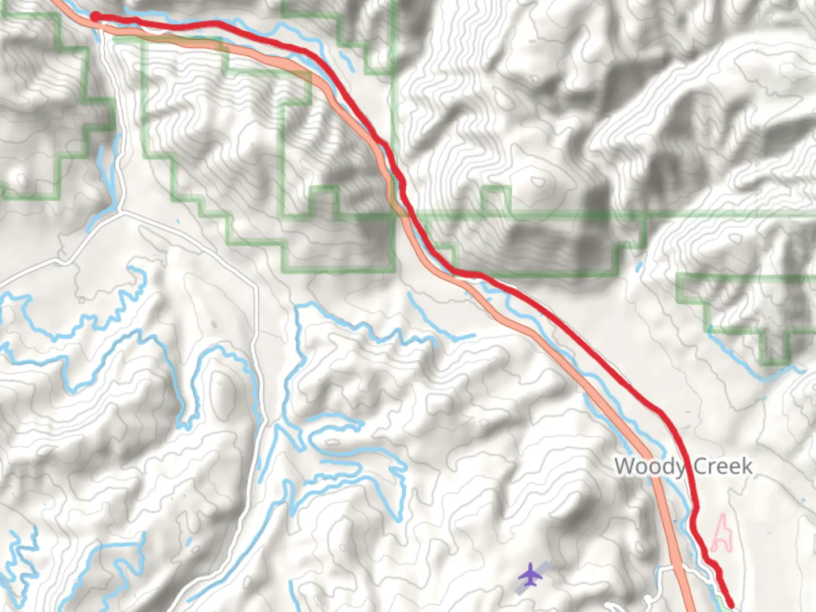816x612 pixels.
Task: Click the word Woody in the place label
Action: click(649, 467)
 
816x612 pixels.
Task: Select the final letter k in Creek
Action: click(747, 466)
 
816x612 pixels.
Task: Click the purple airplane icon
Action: click(530, 576)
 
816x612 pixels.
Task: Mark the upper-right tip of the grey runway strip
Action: click(547, 563)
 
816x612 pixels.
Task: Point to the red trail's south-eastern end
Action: click(730, 605)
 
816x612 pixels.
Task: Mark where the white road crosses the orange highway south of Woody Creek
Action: click(679, 567)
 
